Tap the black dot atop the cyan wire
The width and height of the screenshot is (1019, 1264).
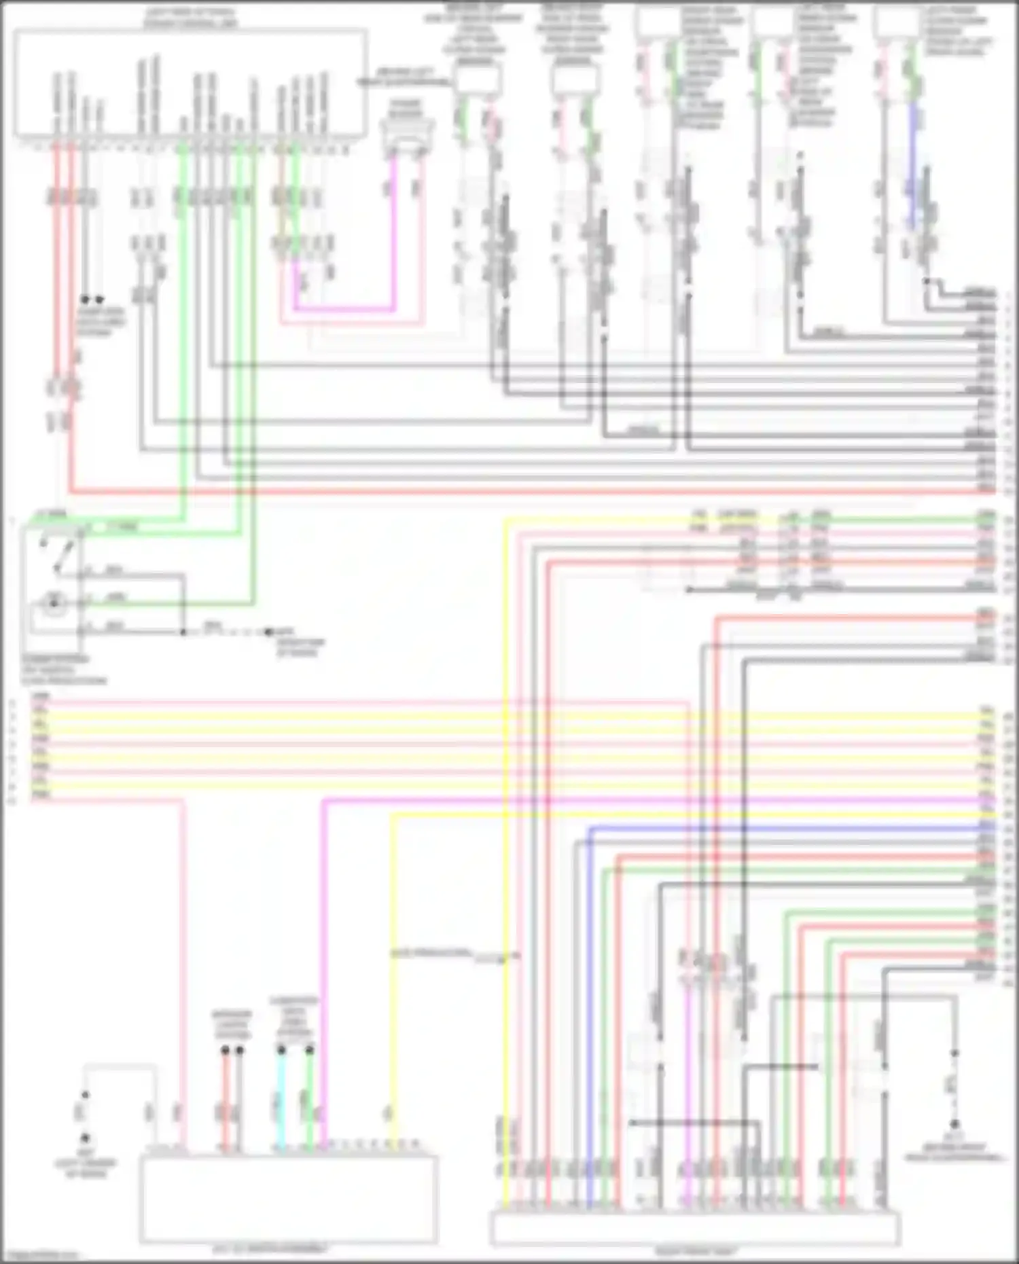(x=281, y=1050)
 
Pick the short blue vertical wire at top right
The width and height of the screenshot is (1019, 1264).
(x=913, y=163)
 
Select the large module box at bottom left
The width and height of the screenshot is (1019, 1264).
(x=289, y=1199)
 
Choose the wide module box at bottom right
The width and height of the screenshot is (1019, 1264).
(x=695, y=1228)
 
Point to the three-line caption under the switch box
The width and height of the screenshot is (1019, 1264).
(x=64, y=670)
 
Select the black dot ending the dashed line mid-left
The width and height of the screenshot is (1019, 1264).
(x=268, y=632)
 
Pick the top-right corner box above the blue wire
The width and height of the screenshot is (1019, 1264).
(x=896, y=23)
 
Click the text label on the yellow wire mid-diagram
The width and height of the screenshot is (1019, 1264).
(x=431, y=953)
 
